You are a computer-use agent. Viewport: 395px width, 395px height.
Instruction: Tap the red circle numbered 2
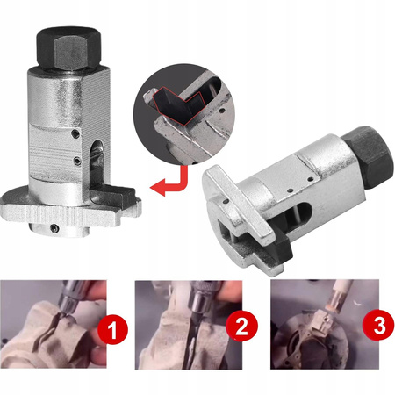[x=241, y=327]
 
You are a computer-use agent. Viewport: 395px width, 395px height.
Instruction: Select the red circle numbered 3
[x=377, y=325]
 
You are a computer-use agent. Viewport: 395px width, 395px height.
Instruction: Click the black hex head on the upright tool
[x=68, y=48]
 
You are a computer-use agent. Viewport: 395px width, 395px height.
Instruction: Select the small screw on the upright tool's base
[x=54, y=228]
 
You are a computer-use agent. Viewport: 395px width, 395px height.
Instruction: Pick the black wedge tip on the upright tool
[x=116, y=194]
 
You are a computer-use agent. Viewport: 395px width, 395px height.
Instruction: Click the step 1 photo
[x=54, y=324]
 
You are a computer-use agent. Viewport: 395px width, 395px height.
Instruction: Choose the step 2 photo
[x=189, y=325]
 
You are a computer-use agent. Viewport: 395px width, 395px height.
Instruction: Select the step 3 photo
[x=325, y=324]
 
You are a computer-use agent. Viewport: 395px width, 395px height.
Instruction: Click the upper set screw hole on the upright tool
[x=76, y=133]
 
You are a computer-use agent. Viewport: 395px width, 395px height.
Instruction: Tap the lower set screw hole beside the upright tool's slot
[x=77, y=161]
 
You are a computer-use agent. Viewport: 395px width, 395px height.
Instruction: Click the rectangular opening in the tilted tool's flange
[x=226, y=222]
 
